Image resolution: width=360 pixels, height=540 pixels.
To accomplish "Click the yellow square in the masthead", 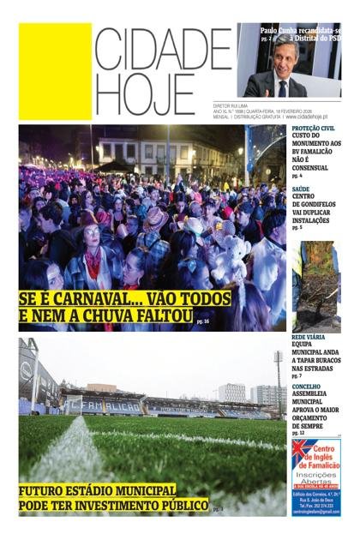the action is coord(55,59).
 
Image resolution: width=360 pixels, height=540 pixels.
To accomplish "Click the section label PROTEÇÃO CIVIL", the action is coord(313,129).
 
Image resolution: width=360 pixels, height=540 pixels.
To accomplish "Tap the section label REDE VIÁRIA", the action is coord(309,339).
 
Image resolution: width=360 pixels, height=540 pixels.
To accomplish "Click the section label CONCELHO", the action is coord(306,387).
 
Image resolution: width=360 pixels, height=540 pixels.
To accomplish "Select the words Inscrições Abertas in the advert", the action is coord(315,477).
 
